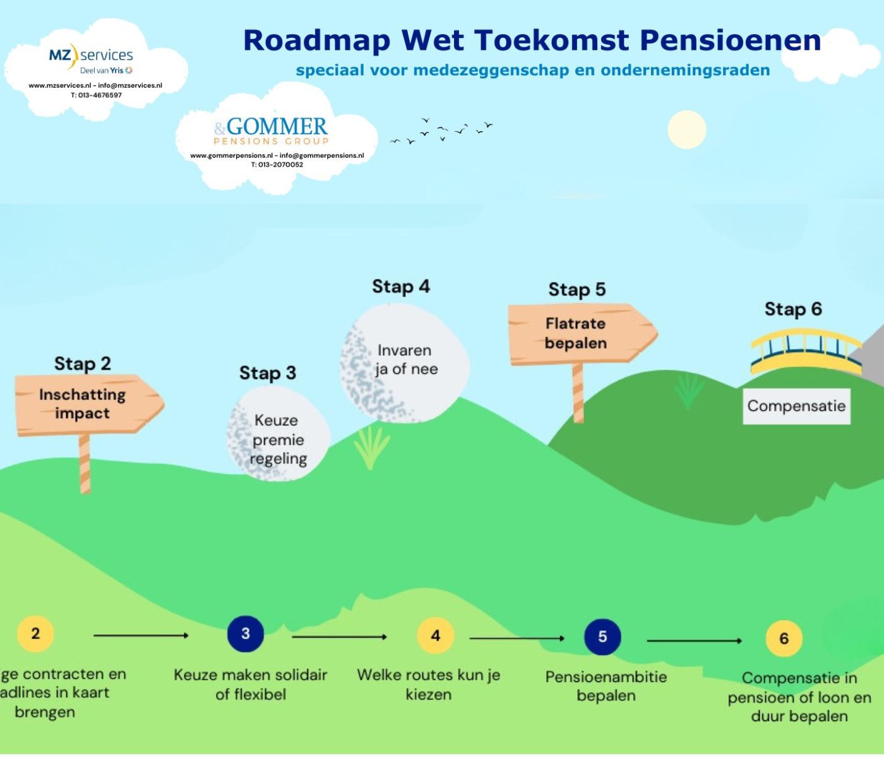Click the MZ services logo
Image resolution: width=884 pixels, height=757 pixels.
coord(91,59)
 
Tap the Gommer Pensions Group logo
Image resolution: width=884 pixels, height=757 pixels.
coord(272,131)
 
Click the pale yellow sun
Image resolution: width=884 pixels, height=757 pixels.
coord(686,130)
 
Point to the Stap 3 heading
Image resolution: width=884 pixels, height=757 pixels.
coord(267,373)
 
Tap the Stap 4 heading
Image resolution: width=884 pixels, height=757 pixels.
coord(401,286)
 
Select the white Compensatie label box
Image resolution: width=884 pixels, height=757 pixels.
coord(796,406)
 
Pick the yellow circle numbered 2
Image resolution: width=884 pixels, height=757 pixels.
coord(35,633)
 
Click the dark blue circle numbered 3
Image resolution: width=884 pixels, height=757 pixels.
coord(246,633)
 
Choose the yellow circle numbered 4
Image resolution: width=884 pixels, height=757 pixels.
coord(435,635)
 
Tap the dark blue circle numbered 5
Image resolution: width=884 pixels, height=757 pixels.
coord(602,637)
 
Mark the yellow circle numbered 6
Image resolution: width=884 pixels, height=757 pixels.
coord(784,638)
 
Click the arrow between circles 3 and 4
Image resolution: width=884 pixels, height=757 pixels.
coord(339,637)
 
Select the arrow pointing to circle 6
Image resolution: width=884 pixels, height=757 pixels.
coord(694,641)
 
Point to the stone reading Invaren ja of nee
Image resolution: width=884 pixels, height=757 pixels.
coord(405,363)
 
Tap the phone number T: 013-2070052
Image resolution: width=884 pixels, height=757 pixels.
coord(277,165)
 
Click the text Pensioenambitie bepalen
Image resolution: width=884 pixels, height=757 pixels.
coord(606,686)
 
